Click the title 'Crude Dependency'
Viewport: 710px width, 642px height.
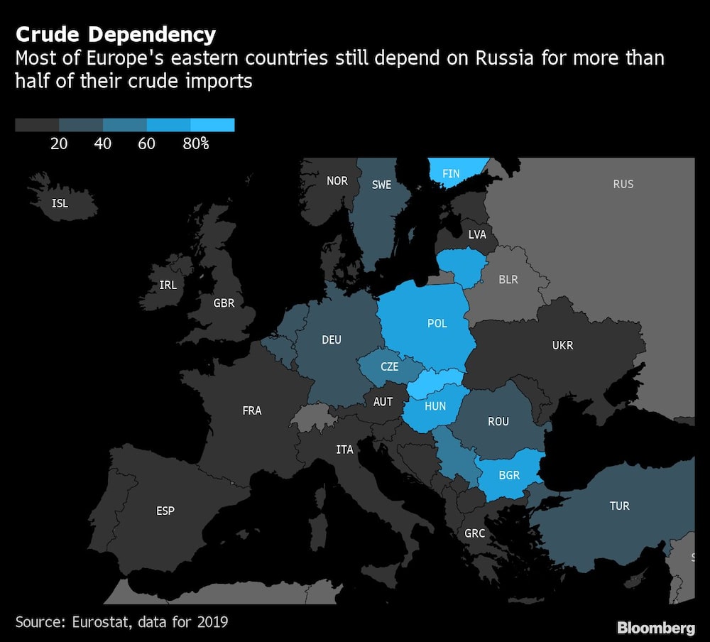click(116, 34)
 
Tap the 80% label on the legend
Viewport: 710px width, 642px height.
click(196, 143)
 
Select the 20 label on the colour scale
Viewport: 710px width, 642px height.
click(59, 143)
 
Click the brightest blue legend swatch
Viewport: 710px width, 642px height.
click(212, 126)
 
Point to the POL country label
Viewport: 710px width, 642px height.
click(437, 323)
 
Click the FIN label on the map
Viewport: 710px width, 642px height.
click(451, 173)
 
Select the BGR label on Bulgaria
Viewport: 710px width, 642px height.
click(509, 475)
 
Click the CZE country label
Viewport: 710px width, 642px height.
click(390, 367)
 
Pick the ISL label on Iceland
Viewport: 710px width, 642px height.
click(60, 204)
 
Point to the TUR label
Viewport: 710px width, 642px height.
click(619, 506)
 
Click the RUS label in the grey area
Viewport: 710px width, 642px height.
click(623, 184)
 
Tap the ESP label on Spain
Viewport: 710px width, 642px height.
click(165, 511)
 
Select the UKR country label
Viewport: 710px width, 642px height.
click(562, 346)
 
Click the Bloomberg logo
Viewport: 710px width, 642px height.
click(656, 628)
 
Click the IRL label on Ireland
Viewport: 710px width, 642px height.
click(168, 285)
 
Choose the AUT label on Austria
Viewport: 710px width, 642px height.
click(383, 402)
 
